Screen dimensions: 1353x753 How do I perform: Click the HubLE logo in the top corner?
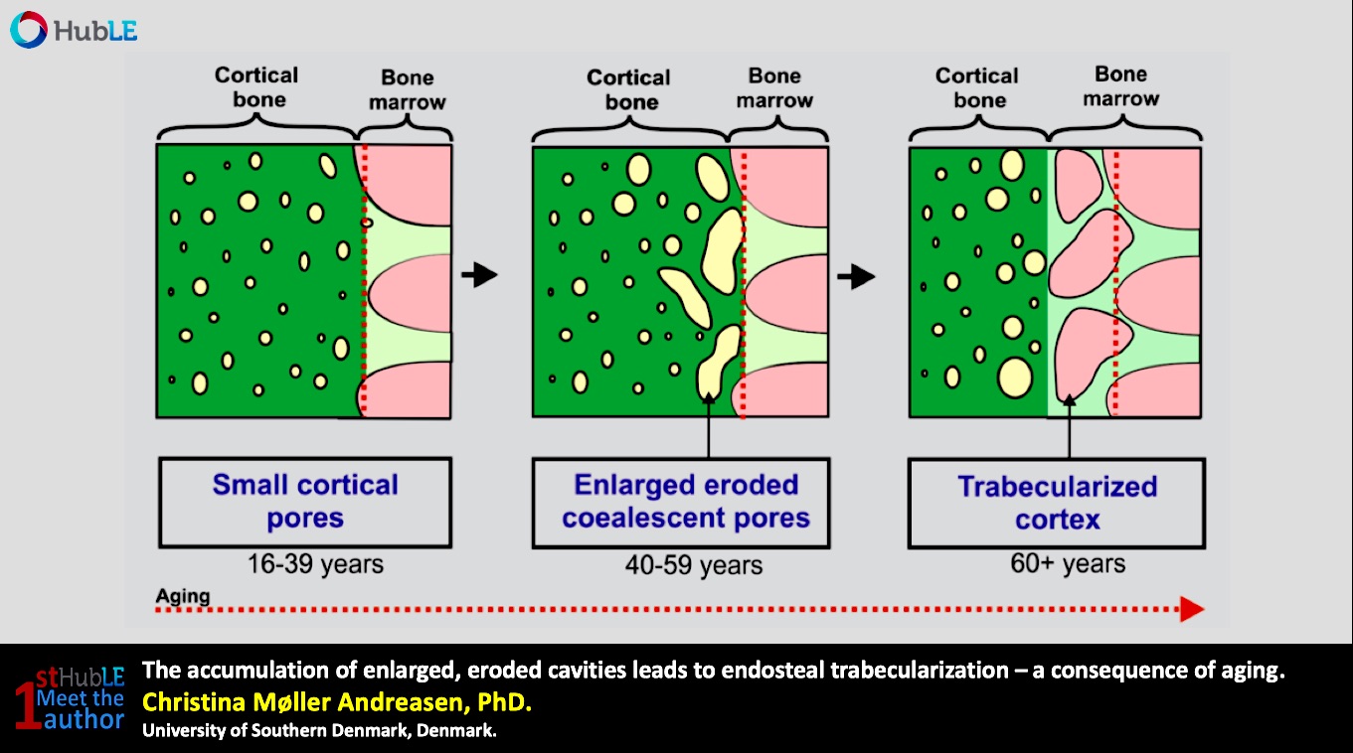point(74,30)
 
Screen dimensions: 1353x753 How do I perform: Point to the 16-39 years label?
point(315,564)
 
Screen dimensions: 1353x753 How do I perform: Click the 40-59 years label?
point(694,565)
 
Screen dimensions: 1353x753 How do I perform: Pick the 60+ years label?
point(1068,563)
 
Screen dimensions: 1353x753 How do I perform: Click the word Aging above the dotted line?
point(183,596)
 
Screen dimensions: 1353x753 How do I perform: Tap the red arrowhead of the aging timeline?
point(1192,609)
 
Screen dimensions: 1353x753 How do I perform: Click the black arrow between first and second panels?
point(479,275)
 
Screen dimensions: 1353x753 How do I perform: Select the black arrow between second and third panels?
point(856,277)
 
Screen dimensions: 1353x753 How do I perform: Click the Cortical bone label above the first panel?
point(256,86)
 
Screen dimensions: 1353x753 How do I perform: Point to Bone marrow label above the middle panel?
point(774,87)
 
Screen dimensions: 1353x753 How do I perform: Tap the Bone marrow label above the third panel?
point(1121,85)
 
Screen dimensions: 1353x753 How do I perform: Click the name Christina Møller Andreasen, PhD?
point(337,702)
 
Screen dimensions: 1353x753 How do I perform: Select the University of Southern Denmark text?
point(319,731)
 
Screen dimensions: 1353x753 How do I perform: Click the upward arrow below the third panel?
point(1069,426)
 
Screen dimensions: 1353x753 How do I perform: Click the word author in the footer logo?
point(84,719)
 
